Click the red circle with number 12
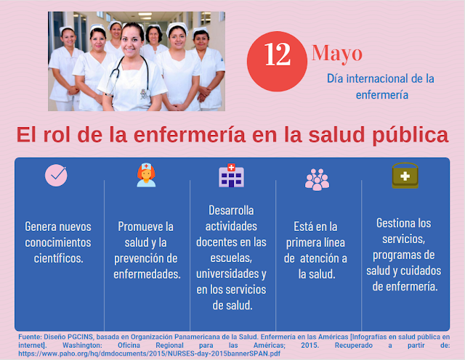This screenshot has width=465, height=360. pos(277,62)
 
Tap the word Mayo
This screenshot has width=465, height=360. pos(337,53)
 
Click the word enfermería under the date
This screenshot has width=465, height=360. pos(382,95)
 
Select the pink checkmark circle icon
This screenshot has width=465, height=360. pos(56,176)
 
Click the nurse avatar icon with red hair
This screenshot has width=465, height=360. pos(146,175)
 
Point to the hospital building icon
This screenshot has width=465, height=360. pos(231,176)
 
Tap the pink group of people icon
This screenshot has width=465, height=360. pos(317,179)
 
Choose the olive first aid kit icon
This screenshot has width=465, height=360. pos(405,176)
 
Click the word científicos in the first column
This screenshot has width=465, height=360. pos(58,258)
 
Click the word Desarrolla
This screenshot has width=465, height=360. pos(231,210)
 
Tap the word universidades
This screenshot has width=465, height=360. pos(227,274)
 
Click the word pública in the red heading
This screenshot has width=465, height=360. pos(411,135)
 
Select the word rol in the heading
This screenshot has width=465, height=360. pos(57,134)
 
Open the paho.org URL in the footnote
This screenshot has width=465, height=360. pos(149,353)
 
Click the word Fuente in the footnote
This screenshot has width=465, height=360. pos(30,337)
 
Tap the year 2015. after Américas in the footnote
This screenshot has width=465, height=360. pos(310,345)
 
